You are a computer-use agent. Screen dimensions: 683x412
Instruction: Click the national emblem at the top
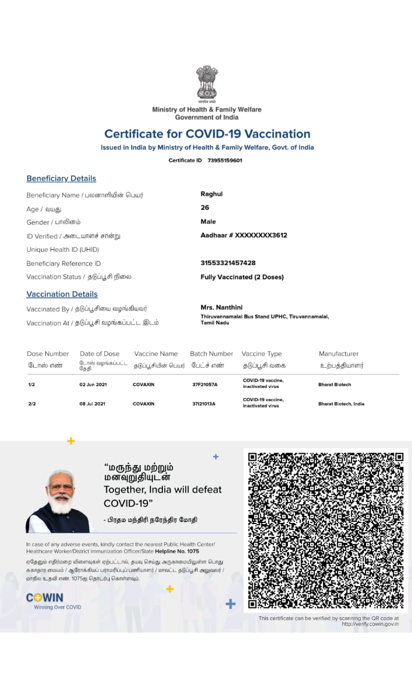click(206, 83)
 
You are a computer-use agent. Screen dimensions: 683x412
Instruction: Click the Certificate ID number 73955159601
click(225, 160)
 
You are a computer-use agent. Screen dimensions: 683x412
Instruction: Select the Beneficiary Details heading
click(61, 179)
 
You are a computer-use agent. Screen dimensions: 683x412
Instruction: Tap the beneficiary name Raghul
click(212, 194)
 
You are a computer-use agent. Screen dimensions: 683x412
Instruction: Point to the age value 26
click(205, 208)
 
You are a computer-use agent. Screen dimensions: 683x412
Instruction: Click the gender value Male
click(208, 221)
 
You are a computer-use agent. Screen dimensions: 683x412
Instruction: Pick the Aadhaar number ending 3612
click(244, 235)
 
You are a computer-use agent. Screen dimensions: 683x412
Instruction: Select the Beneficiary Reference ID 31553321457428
click(228, 263)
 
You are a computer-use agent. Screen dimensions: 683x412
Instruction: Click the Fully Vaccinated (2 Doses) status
click(242, 277)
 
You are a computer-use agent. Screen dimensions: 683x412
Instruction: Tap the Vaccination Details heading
click(62, 294)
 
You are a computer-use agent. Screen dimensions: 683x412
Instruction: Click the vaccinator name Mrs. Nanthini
click(221, 307)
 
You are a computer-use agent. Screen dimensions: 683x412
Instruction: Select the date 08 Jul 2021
click(92, 404)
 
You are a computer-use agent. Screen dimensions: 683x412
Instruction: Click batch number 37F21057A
click(205, 385)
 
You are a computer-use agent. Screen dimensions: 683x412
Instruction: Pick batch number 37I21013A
click(204, 404)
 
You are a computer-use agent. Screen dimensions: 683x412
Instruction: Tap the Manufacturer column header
click(339, 354)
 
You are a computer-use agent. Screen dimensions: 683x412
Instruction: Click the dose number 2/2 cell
click(32, 404)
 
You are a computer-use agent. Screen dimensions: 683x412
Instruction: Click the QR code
click(325, 530)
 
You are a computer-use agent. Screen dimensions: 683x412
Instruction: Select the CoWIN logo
click(45, 598)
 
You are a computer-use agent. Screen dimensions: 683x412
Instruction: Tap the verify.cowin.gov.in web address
click(370, 624)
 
